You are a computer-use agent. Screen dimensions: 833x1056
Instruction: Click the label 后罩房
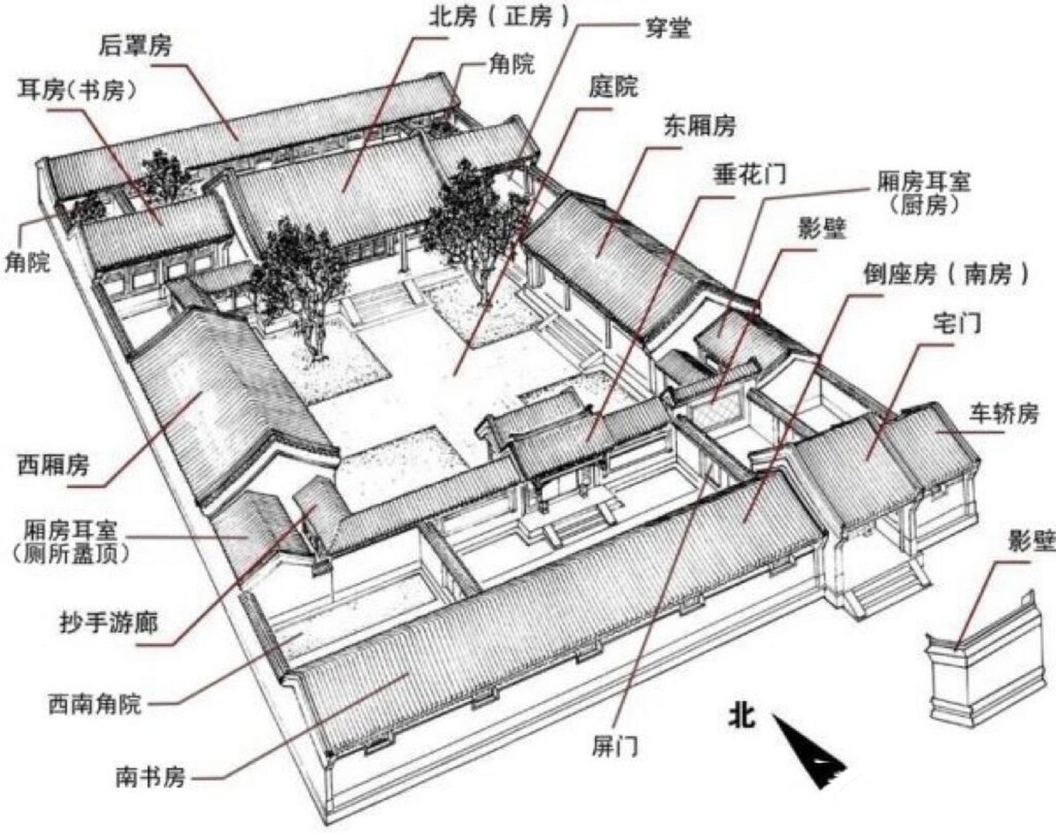click(135, 47)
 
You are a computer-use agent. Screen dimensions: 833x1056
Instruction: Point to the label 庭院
click(613, 87)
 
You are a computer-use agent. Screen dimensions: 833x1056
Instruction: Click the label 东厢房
click(699, 126)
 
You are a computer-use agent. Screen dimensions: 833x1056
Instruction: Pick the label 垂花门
click(750, 174)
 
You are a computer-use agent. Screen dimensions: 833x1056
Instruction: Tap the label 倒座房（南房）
click(946, 274)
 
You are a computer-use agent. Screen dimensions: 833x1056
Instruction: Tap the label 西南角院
click(94, 703)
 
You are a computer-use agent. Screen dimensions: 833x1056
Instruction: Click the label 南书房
click(150, 776)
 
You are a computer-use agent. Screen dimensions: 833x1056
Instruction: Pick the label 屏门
click(614, 746)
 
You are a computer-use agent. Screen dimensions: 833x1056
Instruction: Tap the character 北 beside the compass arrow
click(741, 716)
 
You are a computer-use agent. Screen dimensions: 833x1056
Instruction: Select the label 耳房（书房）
click(79, 90)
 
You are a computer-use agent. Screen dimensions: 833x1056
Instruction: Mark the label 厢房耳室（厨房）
click(923, 193)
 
